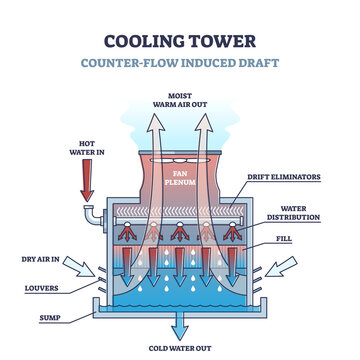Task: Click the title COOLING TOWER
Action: [180, 43]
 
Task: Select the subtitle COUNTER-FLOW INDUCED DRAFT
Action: [180, 64]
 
